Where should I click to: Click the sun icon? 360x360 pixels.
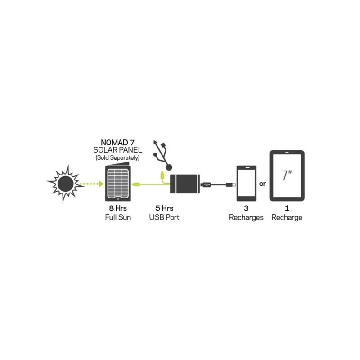coord(66,184)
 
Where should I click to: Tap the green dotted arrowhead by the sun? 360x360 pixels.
coord(101,184)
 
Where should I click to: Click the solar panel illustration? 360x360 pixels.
coord(118,182)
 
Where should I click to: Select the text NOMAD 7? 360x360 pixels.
coord(117,143)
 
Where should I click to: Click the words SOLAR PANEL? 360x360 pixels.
coord(117,150)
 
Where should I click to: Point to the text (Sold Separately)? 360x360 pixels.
coord(117,158)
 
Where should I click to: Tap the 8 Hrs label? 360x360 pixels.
coord(118,208)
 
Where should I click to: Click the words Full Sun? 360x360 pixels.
coord(118,217)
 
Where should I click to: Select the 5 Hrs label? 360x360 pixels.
coord(164,208)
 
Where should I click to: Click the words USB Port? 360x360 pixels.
coord(164,217)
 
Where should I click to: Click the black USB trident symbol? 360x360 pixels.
coord(163,155)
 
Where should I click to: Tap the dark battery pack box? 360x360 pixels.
coord(185,184)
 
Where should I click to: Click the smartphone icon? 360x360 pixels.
coord(247,183)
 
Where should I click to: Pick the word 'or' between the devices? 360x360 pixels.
coord(262,184)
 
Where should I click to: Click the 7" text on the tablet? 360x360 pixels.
coord(287,175)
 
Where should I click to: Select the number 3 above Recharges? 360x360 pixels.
coord(246,208)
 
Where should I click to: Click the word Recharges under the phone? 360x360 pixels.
coord(246,218)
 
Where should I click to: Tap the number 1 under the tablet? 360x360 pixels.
coord(287,208)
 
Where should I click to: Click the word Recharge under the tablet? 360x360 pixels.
coord(287,218)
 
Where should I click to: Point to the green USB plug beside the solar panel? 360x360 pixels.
coord(136,184)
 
